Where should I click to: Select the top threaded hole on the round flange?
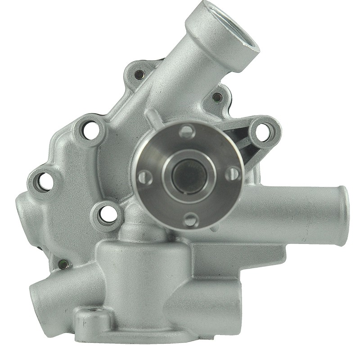click(187, 132)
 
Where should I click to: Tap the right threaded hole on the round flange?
click(232, 173)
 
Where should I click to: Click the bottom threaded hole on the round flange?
click(191, 220)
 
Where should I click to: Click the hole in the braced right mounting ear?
click(265, 131)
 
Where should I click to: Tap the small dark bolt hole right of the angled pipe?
click(217, 97)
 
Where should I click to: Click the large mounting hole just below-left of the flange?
click(108, 214)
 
